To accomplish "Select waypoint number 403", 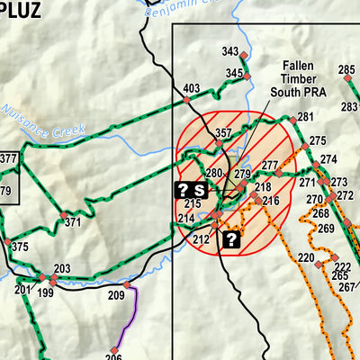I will click(191, 87).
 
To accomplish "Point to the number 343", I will click(230, 52).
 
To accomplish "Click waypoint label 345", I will click(234, 73).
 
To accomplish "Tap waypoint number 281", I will click(306, 116).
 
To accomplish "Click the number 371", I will click(73, 221).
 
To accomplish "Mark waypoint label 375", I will click(20, 247).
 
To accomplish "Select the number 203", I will click(62, 268).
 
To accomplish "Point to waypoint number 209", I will click(116, 295).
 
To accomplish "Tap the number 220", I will click(306, 258).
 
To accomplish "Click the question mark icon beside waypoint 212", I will click(230, 238).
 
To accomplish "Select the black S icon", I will click(199, 189).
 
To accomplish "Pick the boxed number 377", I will click(8, 159).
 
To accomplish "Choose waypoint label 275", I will click(317, 140).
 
